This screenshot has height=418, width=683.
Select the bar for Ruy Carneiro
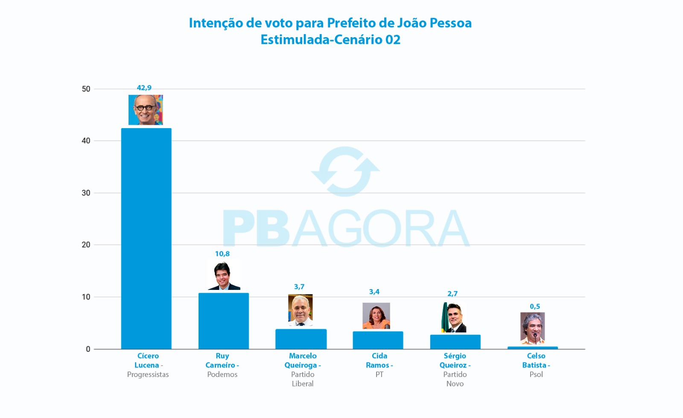pyautogui.click(x=223, y=321)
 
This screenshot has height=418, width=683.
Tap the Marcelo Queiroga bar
pyautogui.click(x=301, y=339)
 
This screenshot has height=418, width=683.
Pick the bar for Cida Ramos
pyautogui.click(x=378, y=340)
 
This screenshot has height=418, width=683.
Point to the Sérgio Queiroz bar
pyautogui.click(x=455, y=342)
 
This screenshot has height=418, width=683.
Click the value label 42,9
pyautogui.click(x=144, y=88)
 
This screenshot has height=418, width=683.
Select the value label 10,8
pyautogui.click(x=222, y=254)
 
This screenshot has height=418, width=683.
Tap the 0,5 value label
pyautogui.click(x=535, y=307)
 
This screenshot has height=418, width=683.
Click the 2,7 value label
pyautogui.click(x=452, y=294)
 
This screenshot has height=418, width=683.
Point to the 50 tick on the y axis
pyautogui.click(x=86, y=89)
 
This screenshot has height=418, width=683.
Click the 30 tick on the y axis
pyautogui.click(x=86, y=193)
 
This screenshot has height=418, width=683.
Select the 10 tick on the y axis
pyautogui.click(x=86, y=297)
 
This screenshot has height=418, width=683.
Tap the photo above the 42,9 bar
pyautogui.click(x=146, y=110)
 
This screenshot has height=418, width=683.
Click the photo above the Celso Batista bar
pyautogui.click(x=532, y=328)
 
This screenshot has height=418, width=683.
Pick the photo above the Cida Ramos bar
pyautogui.click(x=376, y=316)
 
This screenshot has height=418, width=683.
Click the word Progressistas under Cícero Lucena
pyautogui.click(x=148, y=374)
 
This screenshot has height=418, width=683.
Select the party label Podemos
pyautogui.click(x=222, y=374)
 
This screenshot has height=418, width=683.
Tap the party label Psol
pyautogui.click(x=536, y=374)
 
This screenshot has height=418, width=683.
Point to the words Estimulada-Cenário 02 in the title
pyautogui.click(x=330, y=40)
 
